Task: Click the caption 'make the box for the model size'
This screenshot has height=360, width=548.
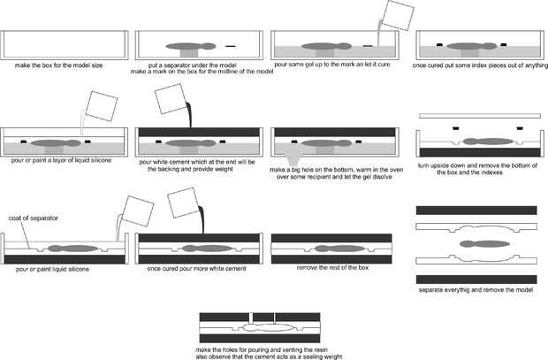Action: (x=58, y=65)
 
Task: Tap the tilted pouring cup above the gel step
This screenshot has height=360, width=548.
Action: (x=398, y=15)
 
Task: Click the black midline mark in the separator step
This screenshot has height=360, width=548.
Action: (x=231, y=46)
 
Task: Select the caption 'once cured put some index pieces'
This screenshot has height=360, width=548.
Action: (x=480, y=65)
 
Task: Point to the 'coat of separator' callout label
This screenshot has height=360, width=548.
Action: (x=34, y=218)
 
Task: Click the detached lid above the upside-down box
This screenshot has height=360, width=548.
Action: (x=479, y=116)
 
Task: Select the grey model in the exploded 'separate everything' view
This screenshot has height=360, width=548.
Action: (x=484, y=244)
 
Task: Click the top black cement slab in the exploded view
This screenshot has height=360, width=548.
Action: (x=476, y=211)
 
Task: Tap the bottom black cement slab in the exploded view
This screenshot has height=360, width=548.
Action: (x=476, y=280)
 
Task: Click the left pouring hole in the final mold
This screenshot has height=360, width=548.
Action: (x=251, y=318)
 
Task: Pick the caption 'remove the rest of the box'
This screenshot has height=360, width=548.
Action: (x=332, y=268)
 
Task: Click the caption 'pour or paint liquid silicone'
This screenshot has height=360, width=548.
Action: (x=52, y=269)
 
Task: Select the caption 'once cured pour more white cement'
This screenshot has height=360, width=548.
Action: (x=196, y=269)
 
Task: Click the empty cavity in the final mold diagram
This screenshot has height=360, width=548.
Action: (x=269, y=327)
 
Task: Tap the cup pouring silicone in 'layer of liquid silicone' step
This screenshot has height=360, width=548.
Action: (x=102, y=106)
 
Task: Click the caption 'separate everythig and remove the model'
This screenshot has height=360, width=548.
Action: (x=476, y=289)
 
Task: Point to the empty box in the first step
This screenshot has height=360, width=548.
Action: (x=65, y=45)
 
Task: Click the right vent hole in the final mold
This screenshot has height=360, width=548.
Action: (x=274, y=318)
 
